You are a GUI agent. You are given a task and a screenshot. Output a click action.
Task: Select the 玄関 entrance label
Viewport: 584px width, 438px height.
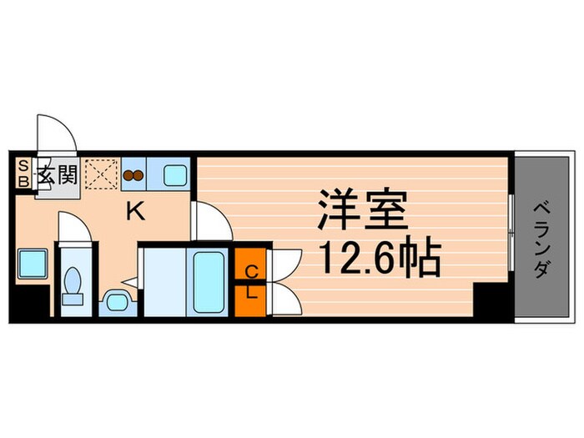pos(57,175)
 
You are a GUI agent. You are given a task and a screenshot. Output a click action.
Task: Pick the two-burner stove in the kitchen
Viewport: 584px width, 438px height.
pos(133,176)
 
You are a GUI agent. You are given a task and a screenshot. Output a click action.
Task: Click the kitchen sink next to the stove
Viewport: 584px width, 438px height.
pos(176,176)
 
